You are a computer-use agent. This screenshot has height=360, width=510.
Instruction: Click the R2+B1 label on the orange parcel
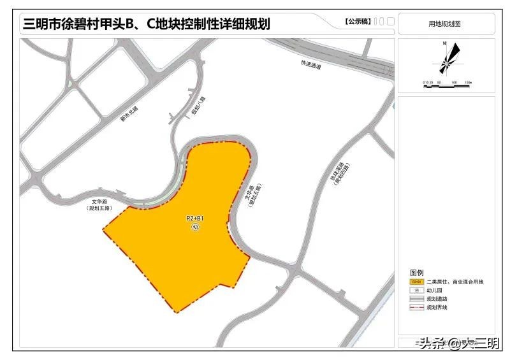(195, 219)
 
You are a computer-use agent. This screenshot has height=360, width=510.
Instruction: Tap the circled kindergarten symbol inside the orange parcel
(195, 227)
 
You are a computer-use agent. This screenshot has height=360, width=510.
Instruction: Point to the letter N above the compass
(444, 43)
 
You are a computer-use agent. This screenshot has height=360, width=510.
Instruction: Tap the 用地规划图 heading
(444, 24)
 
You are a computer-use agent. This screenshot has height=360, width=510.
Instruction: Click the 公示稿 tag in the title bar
(355, 22)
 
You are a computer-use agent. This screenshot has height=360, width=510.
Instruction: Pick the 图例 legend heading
(416, 271)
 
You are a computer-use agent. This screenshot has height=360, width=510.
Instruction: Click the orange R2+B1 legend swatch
(416, 281)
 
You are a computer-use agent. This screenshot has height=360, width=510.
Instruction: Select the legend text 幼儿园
(437, 290)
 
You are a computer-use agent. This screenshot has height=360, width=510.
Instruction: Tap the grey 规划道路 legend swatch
(416, 299)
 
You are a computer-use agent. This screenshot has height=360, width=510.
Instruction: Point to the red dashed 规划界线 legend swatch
(416, 308)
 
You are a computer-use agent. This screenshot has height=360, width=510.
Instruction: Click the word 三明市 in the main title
(43, 24)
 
